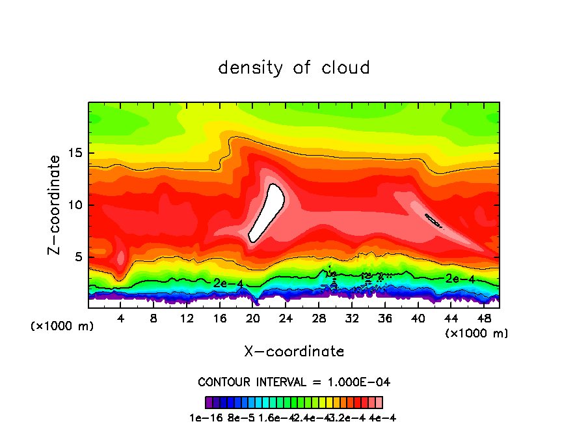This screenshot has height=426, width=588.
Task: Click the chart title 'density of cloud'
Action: pyautogui.click(x=294, y=68)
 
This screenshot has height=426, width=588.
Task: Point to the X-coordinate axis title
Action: pyautogui.click(x=294, y=352)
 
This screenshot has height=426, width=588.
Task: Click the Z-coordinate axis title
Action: pyautogui.click(x=56, y=204)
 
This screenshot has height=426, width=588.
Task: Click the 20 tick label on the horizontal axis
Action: pyautogui.click(x=253, y=319)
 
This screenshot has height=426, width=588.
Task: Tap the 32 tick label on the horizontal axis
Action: pyautogui.click(x=352, y=319)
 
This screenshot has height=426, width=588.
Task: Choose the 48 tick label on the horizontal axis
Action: pyautogui.click(x=484, y=319)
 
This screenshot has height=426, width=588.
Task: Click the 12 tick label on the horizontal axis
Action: pyautogui.click(x=187, y=319)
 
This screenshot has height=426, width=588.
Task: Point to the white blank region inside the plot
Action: pyautogui.click(x=267, y=212)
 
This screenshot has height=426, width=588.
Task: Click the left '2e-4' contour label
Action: pyautogui.click(x=227, y=283)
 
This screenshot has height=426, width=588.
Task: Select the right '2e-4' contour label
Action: pyautogui.click(x=460, y=279)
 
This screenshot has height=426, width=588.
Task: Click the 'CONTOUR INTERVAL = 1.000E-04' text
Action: pyautogui.click(x=294, y=382)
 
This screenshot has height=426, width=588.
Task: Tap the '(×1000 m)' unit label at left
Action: pyautogui.click(x=62, y=326)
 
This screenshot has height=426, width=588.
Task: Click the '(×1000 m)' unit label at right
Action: pyautogui.click(x=477, y=334)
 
